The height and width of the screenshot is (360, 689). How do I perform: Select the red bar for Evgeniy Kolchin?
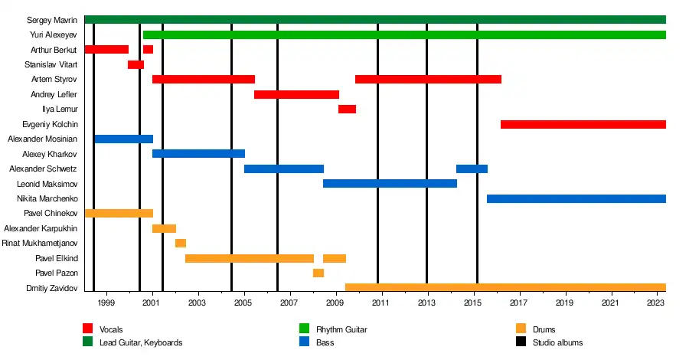pos(583,124)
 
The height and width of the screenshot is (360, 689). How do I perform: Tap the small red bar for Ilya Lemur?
pos(347,110)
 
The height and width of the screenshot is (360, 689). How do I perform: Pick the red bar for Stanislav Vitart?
pos(136,64)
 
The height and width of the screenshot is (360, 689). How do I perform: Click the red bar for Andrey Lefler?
pos(296,94)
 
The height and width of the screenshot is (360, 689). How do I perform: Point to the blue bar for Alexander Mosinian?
pos(123,139)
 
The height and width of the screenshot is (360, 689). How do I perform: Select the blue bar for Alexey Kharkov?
pos(198,154)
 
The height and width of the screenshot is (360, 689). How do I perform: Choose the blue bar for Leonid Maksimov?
pos(390,184)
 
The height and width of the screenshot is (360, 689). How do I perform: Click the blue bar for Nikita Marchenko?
pos(576,199)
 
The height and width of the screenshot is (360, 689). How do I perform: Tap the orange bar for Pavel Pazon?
pos(318,273)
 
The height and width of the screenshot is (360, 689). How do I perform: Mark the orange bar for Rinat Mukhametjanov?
pos(180,244)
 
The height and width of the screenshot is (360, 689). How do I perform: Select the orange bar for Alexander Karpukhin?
pos(164,228)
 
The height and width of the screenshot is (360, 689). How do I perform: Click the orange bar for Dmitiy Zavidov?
pos(505,288)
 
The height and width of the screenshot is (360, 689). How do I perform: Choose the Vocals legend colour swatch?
pos(88,329)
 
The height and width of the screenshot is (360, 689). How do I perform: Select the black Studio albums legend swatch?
pos(521,342)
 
